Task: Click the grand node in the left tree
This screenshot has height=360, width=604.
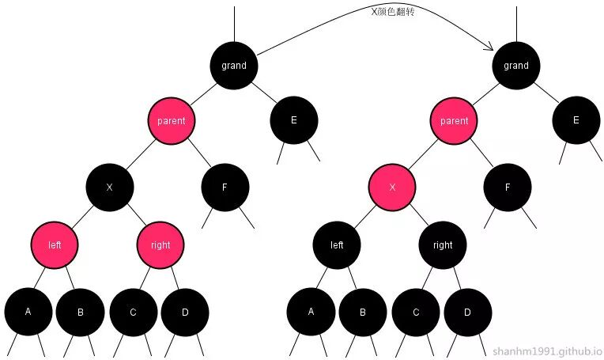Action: [234, 65]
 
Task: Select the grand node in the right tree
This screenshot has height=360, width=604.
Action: [516, 65]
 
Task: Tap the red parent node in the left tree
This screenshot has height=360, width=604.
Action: [171, 121]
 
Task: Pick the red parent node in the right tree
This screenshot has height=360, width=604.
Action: [454, 121]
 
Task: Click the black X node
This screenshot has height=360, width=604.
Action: [110, 188]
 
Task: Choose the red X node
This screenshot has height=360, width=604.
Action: [392, 188]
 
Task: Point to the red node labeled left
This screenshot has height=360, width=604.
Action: [55, 244]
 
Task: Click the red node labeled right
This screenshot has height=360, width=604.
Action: [160, 244]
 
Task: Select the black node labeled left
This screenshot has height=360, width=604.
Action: [337, 244]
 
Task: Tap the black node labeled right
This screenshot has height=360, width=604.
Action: [443, 244]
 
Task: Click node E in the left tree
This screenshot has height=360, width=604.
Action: [294, 120]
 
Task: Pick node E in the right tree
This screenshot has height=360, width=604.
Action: [576, 120]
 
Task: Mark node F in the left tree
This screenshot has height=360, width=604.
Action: [225, 188]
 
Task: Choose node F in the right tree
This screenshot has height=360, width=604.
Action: [508, 188]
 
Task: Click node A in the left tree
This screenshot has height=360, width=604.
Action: [28, 312]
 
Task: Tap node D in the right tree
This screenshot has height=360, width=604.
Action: [467, 312]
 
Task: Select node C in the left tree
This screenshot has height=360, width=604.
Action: [133, 312]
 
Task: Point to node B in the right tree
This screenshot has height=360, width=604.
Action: [363, 312]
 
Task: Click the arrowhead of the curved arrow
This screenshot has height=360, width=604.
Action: [497, 49]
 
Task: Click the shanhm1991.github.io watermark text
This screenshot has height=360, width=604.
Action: [547, 351]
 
